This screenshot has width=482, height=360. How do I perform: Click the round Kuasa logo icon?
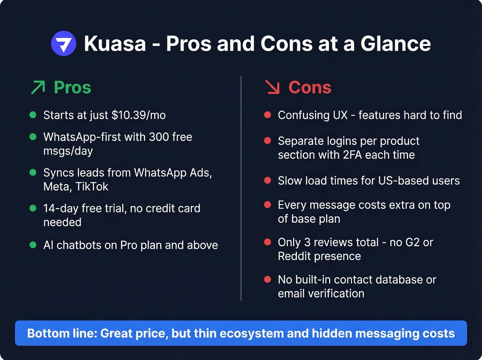(63, 43)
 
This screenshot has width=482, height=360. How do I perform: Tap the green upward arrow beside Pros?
(38, 87)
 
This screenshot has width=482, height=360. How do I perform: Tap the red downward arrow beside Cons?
(272, 87)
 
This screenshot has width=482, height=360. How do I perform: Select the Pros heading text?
(72, 88)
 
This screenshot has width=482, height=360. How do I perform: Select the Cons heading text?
(310, 88)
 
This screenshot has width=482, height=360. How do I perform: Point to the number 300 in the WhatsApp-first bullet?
(159, 137)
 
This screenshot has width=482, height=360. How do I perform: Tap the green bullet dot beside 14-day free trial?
(33, 208)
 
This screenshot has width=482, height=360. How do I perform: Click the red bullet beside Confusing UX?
(268, 115)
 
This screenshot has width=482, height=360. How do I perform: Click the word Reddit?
(294, 256)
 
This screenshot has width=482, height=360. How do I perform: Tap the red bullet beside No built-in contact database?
(268, 279)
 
